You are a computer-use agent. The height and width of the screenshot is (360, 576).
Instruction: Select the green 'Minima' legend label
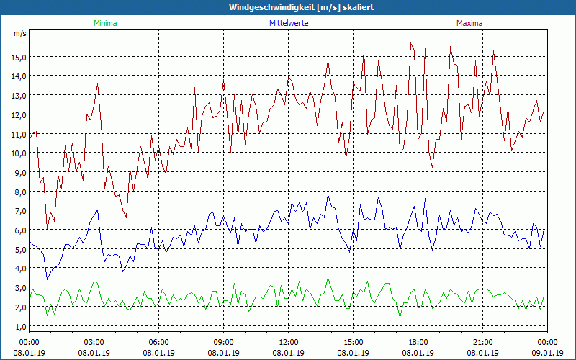(105, 23)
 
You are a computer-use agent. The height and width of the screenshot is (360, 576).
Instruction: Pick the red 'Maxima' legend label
(469, 23)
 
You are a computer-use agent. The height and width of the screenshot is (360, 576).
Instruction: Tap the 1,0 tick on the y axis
(19, 326)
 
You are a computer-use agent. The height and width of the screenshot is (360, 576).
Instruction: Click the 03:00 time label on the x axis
(94, 342)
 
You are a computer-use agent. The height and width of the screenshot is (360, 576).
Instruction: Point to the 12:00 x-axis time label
(289, 342)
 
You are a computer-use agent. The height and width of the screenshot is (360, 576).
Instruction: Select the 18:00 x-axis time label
(418, 342)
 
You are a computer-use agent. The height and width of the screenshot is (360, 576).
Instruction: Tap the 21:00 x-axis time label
(483, 342)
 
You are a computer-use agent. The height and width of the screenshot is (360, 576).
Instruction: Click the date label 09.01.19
(547, 353)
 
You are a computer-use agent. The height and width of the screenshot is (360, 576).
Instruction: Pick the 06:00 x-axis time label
(159, 342)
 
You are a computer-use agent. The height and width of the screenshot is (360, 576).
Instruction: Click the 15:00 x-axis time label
(354, 342)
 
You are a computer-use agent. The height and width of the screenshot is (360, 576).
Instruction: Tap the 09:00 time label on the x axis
(224, 342)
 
